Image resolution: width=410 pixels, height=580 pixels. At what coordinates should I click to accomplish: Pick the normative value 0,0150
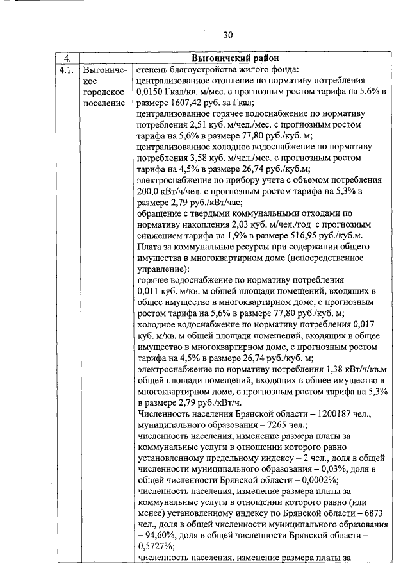(151, 93)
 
